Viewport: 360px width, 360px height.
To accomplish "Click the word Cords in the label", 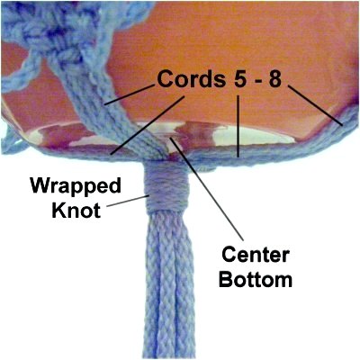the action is point(191,79).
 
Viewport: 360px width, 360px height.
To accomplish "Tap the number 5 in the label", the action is point(239,79).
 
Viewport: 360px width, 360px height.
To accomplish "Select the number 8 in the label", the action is point(275,79).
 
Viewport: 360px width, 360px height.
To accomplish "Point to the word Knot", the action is point(76,210).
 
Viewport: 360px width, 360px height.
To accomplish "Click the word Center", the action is point(256,256).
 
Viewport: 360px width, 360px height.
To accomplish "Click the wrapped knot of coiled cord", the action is point(166,187).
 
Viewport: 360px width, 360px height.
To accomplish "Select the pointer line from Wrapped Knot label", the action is point(128,201).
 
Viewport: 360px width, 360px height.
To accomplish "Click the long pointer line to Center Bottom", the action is point(206,189).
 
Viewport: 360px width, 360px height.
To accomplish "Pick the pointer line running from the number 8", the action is point(315,105).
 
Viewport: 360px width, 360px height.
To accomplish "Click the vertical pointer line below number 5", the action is point(238,126).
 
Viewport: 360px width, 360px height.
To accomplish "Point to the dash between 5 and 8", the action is point(257,81).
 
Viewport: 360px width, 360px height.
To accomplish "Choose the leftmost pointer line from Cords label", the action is point(130,95).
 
